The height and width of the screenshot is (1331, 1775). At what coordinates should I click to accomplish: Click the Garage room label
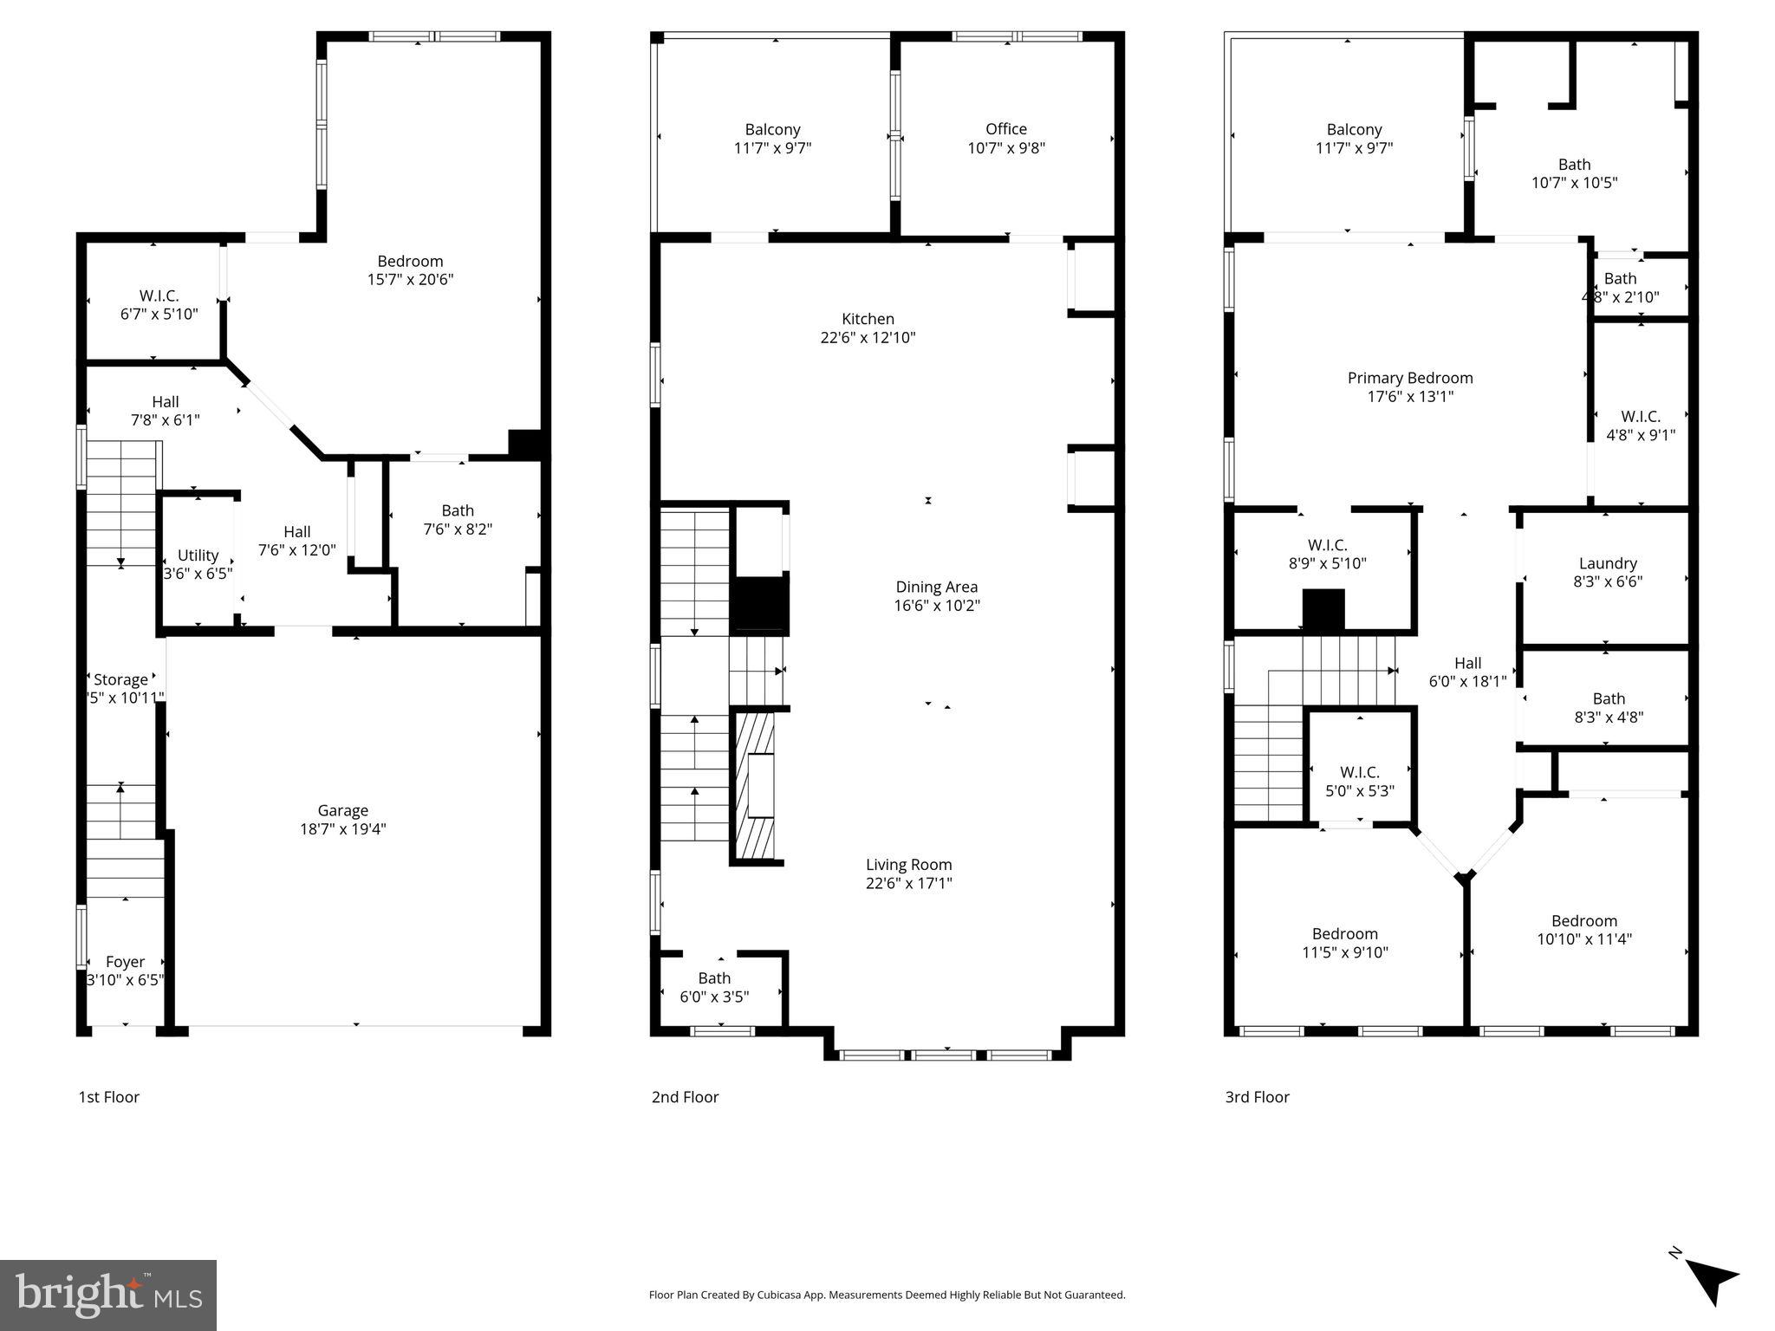point(342,810)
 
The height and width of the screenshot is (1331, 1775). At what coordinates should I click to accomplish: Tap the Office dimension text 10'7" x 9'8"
point(1005,148)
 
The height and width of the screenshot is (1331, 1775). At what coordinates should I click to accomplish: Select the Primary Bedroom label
point(1409,378)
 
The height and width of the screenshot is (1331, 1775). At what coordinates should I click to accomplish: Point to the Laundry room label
point(1607,563)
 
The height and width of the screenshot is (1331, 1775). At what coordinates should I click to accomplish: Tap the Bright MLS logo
point(108,1295)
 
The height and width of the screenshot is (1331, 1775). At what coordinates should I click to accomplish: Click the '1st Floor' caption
point(108,1097)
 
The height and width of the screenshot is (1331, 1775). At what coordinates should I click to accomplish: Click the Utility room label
point(198,555)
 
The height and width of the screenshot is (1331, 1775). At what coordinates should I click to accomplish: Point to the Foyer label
point(125,962)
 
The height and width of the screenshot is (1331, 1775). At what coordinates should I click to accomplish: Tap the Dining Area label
point(936,587)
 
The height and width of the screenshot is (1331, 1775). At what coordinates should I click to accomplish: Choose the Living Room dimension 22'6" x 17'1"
point(908,883)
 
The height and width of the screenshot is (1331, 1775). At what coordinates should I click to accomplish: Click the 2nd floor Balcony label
point(772,130)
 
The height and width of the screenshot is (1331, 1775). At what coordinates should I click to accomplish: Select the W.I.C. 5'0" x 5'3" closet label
point(1359,772)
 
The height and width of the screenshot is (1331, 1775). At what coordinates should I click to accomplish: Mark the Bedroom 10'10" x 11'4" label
point(1583,921)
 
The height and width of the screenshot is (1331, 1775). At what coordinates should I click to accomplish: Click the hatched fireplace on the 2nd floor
point(755,785)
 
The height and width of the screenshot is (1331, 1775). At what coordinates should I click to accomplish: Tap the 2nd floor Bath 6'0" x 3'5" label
point(714,978)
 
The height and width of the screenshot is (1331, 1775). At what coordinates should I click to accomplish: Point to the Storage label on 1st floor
point(120,679)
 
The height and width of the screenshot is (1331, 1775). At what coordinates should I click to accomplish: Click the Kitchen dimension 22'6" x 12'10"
point(868,338)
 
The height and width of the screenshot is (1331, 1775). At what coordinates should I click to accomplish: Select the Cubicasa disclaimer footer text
point(887,1295)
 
